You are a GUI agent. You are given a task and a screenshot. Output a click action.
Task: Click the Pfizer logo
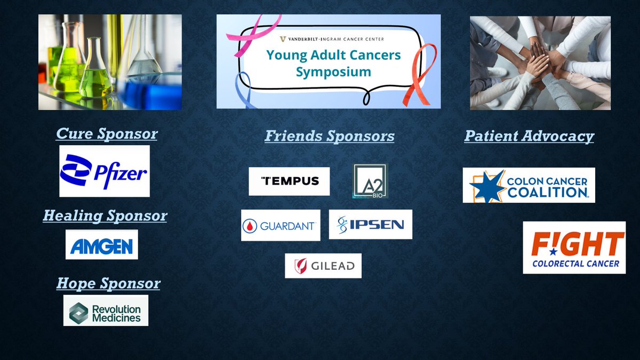tap(105, 171)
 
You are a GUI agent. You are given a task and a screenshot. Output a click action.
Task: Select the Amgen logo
tap(102, 245)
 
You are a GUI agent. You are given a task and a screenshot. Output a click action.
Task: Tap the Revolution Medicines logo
tap(106, 310)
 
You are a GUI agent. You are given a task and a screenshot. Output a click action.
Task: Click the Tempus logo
tap(289, 181)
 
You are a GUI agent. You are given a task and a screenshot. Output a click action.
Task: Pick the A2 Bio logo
tap(370, 181)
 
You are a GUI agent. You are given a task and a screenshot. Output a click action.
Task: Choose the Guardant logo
tap(281, 226)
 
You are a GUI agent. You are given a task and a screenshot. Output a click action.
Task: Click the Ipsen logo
tap(371, 225)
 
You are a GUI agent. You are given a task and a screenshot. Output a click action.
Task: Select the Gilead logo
tap(323, 266)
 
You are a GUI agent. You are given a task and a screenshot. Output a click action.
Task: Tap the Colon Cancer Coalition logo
tap(529, 185)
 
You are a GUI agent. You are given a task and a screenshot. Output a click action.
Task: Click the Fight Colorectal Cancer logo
tap(574, 247)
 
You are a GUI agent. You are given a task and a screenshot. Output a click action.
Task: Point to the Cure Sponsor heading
tap(107, 134)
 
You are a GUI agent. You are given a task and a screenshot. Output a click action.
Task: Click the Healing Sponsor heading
tap(105, 215)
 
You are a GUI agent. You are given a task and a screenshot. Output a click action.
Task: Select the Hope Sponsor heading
tap(108, 283)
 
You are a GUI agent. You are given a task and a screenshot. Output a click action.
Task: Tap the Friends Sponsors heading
tap(330, 136)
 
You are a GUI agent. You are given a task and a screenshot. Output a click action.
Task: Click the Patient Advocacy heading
tap(529, 136)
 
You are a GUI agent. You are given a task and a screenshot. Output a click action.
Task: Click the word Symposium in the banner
tap(333, 71)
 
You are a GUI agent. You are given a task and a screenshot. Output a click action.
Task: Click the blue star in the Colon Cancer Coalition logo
tap(487, 187)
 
